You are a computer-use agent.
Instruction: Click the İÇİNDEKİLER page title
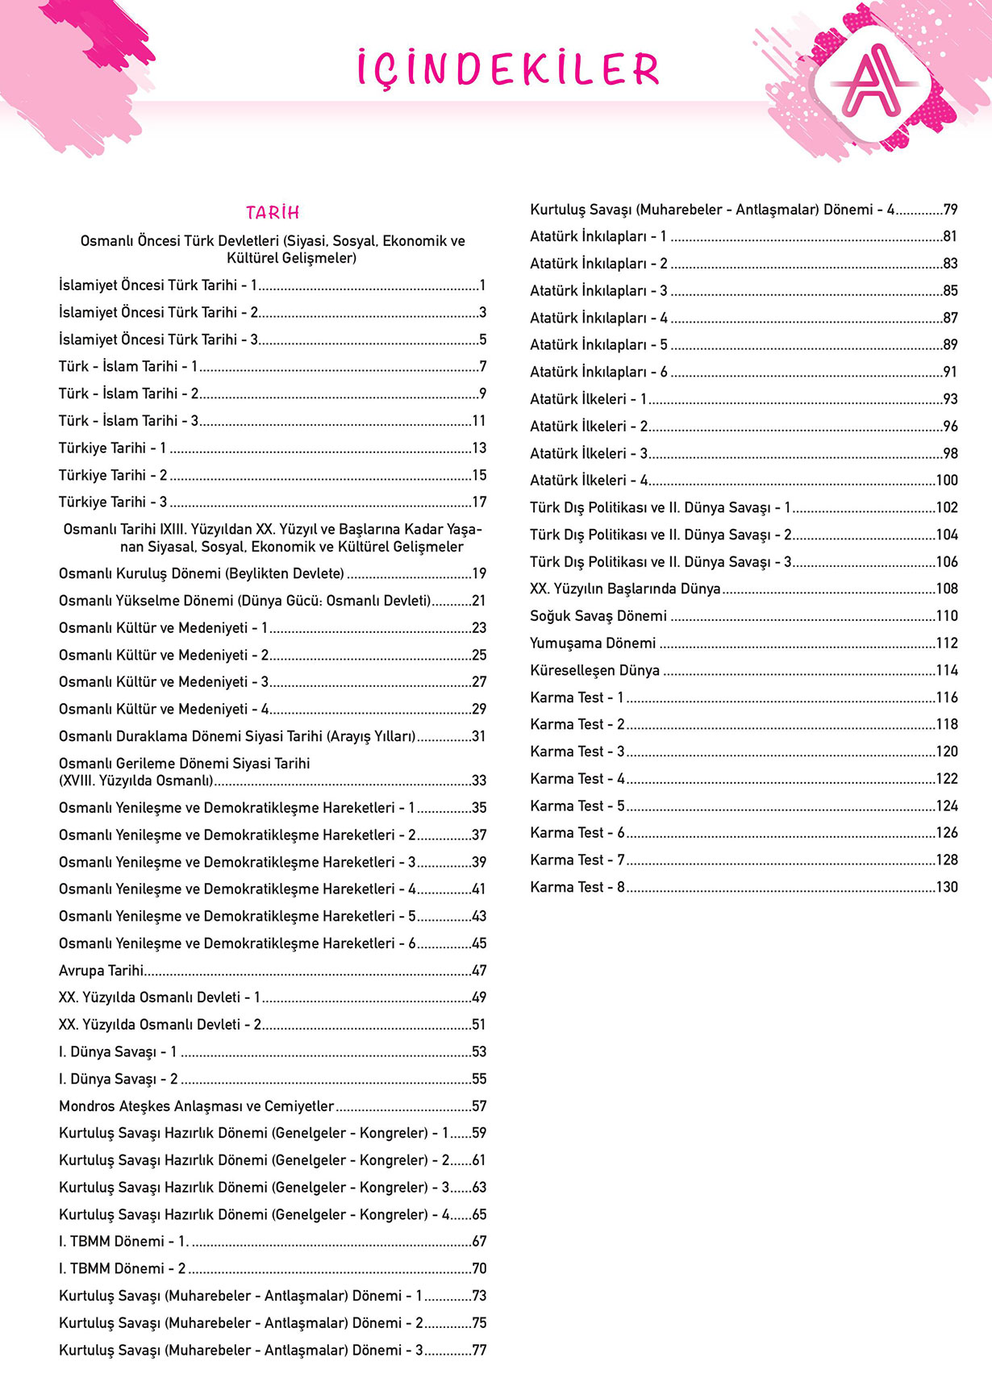pyautogui.click(x=508, y=69)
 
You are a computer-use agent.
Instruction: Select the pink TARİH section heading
pyautogui.click(x=273, y=212)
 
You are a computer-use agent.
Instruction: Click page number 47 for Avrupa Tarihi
pyautogui.click(x=479, y=970)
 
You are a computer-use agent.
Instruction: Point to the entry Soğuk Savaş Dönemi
pyautogui.click(x=598, y=616)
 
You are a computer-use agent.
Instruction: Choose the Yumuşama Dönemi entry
pyautogui.click(x=593, y=643)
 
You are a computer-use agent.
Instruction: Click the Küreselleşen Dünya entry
pyautogui.click(x=594, y=670)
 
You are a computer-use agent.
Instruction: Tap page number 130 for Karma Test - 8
pyautogui.click(x=947, y=887)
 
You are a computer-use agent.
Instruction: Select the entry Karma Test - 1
pyautogui.click(x=577, y=697)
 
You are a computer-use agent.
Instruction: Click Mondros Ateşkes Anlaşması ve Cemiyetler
pyautogui.click(x=196, y=1106)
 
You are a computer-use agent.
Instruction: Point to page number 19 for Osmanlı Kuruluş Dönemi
pyautogui.click(x=479, y=573)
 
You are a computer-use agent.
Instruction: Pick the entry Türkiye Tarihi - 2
pyautogui.click(x=113, y=475)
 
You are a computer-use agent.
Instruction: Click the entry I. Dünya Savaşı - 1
pyautogui.click(x=118, y=1051)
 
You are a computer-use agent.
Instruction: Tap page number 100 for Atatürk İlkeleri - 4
pyautogui.click(x=947, y=480)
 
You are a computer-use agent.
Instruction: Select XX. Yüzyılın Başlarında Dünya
pyautogui.click(x=625, y=589)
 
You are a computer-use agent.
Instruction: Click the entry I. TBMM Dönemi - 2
pyautogui.click(x=122, y=1268)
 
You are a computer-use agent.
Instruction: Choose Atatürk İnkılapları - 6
pyautogui.click(x=598, y=372)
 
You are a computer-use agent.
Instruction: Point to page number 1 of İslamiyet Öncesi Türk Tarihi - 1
pyautogui.click(x=482, y=285)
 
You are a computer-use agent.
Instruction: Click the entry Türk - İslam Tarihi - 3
pyautogui.click(x=128, y=420)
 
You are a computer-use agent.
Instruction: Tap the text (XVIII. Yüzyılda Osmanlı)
pyautogui.click(x=135, y=781)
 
